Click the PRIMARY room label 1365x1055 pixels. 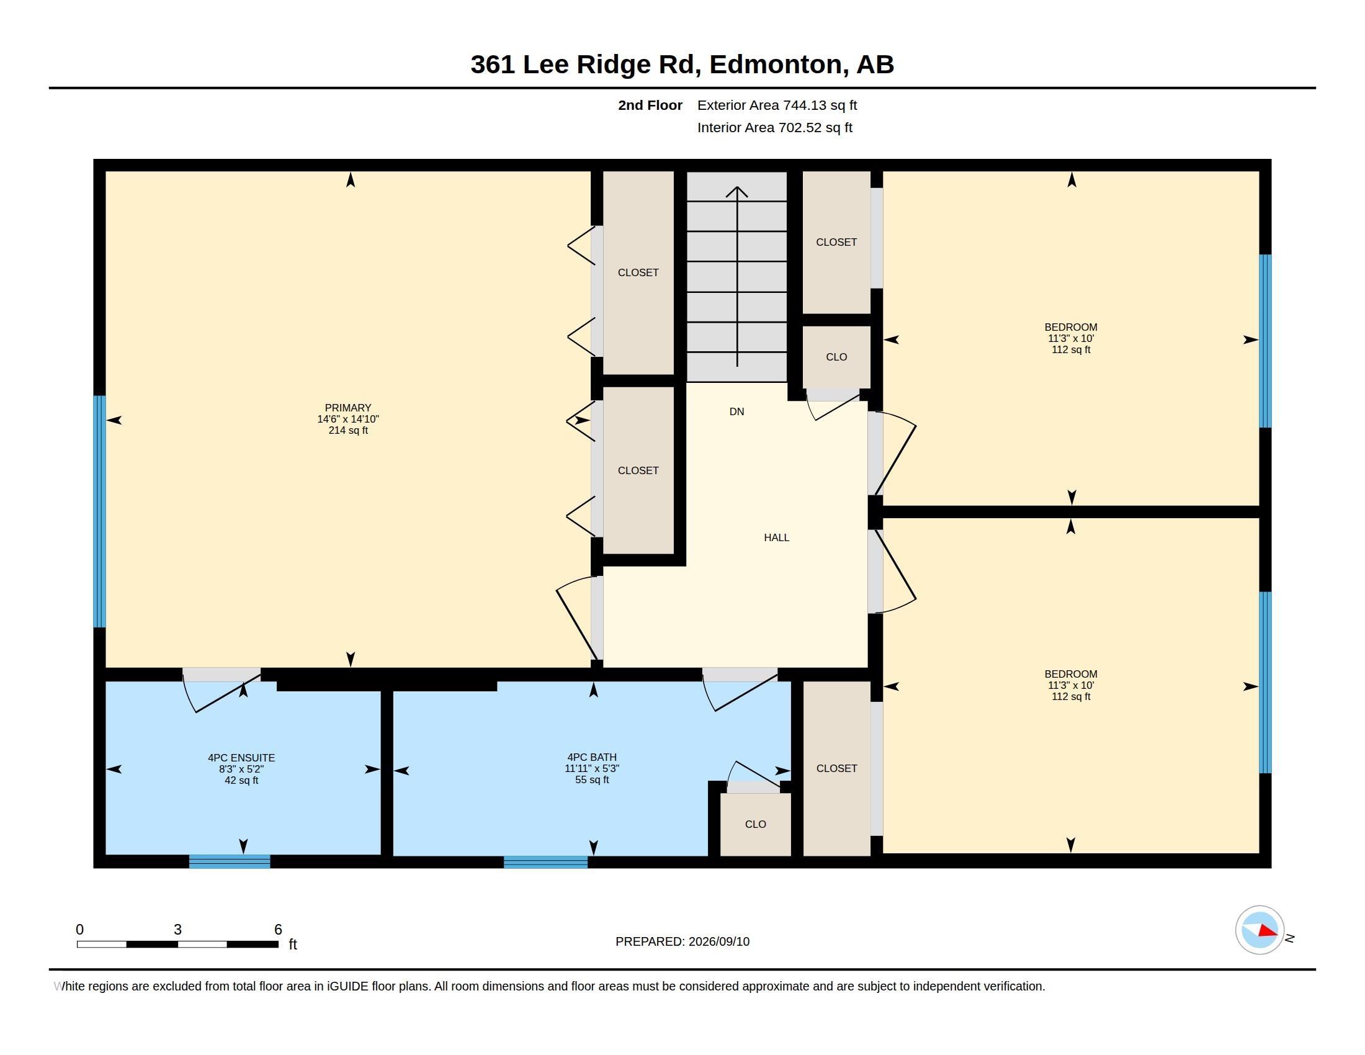coord(347,408)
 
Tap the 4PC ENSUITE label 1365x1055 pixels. coord(241,758)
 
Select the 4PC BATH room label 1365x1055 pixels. coord(592,757)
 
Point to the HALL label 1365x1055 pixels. coord(776,537)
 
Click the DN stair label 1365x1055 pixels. coord(737,411)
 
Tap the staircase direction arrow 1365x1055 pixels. coord(737,276)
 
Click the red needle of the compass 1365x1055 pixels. coord(1268,931)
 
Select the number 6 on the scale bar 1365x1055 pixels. coord(278,930)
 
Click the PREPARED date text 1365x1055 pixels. coord(682,941)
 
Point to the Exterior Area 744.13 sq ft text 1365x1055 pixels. coord(777,105)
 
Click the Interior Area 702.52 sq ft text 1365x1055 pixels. coord(774,127)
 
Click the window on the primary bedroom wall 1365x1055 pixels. coord(99,511)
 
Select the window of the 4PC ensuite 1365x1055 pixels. coord(230,861)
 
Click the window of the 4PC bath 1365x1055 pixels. coord(545,862)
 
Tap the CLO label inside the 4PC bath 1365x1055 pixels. coord(755,824)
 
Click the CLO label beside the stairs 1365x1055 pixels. coord(836,357)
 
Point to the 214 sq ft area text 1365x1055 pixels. coord(348,430)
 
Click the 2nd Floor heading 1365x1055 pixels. coord(650,105)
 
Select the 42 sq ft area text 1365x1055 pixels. coord(241,780)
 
